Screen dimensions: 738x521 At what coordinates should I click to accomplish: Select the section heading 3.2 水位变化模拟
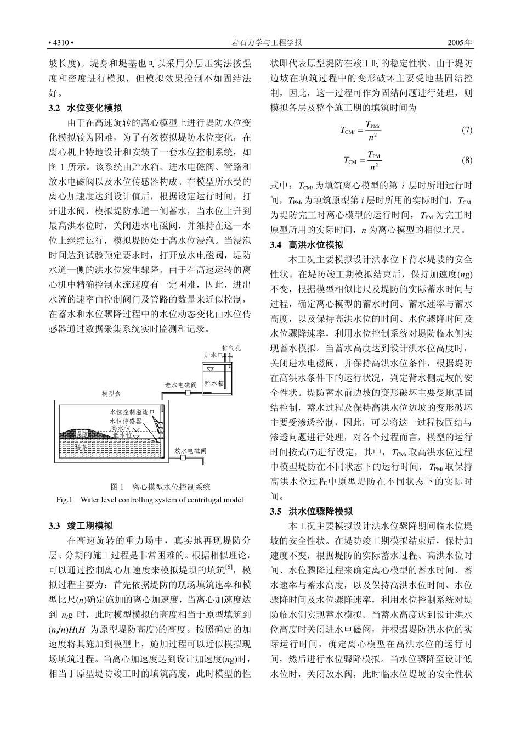point(85,108)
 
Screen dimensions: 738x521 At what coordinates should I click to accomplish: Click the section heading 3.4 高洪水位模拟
point(307,245)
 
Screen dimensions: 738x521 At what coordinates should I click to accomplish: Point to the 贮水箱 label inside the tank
point(214,383)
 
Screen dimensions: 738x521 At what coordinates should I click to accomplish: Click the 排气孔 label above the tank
point(231,348)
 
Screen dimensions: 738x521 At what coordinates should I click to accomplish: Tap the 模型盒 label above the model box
point(111,394)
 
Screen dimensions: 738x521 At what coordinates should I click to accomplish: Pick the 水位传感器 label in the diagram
point(126,420)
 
